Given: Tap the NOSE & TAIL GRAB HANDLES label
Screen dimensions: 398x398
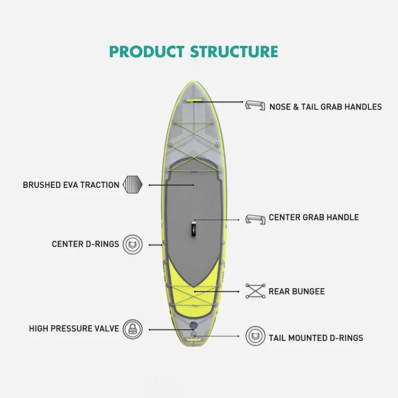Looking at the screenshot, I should [325, 107].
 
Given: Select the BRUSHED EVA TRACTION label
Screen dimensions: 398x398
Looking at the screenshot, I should [71, 185].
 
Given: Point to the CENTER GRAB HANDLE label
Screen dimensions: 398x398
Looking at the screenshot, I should [314, 218].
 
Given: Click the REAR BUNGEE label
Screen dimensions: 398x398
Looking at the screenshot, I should [296, 291].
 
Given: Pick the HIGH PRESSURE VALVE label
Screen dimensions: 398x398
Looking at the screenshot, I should [74, 329].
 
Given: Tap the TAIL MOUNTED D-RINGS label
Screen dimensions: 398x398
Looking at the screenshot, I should [316, 338].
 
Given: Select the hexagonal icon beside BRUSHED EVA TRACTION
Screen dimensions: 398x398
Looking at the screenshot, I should [133, 185].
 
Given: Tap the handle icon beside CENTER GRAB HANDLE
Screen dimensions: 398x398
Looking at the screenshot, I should [255, 219].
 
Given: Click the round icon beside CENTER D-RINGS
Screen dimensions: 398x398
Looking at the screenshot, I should [133, 245].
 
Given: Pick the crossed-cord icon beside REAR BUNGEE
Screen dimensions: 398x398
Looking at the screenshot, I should [255, 291].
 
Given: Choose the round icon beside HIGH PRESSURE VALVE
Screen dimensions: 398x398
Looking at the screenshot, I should [133, 329].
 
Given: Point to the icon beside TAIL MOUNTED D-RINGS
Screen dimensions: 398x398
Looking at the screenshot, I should [255, 336].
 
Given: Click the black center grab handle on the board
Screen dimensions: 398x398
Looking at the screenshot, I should [194, 228].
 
